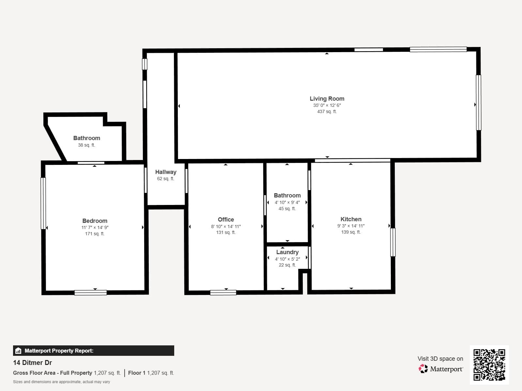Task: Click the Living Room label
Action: (327, 98)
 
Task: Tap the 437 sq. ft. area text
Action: (327, 111)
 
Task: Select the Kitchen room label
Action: (351, 219)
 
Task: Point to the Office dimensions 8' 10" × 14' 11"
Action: (226, 226)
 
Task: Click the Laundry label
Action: (287, 252)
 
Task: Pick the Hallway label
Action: (166, 172)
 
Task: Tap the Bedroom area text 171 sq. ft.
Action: (95, 234)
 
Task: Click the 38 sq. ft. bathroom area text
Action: (86, 145)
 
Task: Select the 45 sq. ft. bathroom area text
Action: (287, 209)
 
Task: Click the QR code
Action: (489, 365)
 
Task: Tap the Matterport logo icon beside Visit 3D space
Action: (423, 369)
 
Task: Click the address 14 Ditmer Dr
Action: (32, 363)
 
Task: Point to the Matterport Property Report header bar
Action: (93, 351)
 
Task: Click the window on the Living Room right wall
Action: (479, 103)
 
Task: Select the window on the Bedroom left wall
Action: (43, 203)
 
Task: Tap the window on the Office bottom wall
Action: (223, 293)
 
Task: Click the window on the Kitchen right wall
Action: (393, 242)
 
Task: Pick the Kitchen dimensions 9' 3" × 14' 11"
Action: (351, 226)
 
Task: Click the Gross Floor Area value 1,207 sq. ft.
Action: (107, 373)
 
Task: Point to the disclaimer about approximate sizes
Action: (61, 382)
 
